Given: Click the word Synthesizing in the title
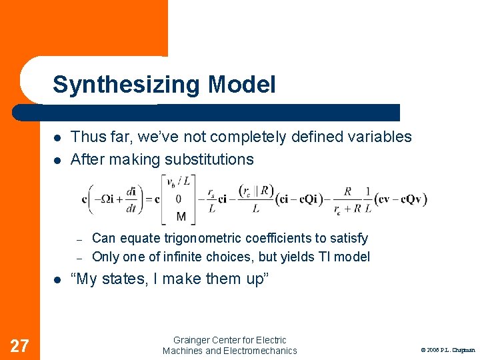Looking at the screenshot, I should click(x=127, y=85).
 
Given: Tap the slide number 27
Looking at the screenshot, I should click(x=20, y=345).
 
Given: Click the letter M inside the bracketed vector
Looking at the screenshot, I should click(x=181, y=215).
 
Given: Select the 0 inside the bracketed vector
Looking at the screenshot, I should click(x=179, y=199).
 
